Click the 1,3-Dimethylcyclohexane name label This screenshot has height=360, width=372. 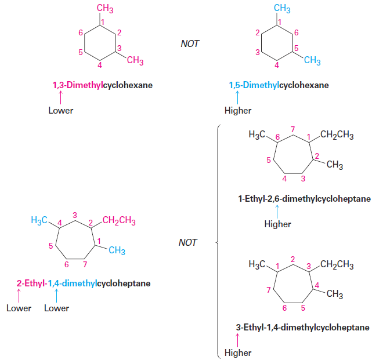pos(103,85)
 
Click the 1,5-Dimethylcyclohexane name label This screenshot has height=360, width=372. pos(279,85)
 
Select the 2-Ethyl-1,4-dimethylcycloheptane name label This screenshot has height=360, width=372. pos(84,283)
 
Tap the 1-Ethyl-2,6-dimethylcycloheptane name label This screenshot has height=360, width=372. pos(304,199)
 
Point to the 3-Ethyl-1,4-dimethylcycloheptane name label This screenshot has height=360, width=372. pos(302,328)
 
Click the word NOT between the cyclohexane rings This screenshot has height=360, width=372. pos(190,43)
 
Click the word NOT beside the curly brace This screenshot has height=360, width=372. pos(188,242)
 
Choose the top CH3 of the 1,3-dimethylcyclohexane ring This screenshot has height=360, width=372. pos(105,9)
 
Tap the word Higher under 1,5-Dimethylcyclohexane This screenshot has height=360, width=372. pos(237,111)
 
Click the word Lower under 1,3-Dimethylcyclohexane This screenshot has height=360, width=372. pos(60,110)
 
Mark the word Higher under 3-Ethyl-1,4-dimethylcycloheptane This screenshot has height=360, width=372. pos(237,352)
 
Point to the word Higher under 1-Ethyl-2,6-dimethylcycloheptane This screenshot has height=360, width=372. pos(277,224)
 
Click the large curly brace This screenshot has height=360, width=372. pos(217,242)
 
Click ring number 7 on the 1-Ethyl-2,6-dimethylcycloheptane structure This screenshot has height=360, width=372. pos(293,128)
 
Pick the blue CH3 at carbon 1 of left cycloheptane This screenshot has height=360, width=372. pos(117,250)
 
